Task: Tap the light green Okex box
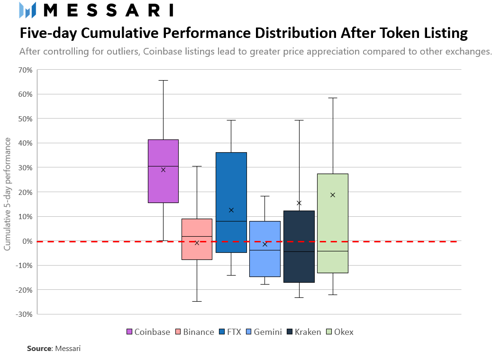coord(333,223)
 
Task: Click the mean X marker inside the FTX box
coord(231,210)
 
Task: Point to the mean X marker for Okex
coord(333,195)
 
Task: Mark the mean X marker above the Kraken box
coord(299,203)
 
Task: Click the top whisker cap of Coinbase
coord(163,81)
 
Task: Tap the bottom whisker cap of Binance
coord(197,301)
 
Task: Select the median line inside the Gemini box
coord(265,250)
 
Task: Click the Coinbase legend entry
coord(148,332)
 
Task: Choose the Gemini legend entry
coord(264,332)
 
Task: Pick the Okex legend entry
coord(340,332)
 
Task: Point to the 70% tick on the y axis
coord(26,70)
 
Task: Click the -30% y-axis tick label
coord(25,314)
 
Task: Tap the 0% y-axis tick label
coord(27,241)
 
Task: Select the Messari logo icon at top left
coord(27,10)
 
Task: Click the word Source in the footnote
coord(39,349)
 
